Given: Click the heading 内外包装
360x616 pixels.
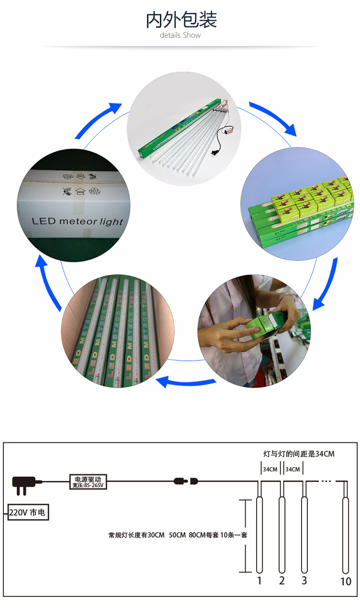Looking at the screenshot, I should tap(181, 20).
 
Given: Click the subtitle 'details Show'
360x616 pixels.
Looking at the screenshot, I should tap(180, 35).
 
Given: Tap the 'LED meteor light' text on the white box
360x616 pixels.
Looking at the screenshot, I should tap(77, 222).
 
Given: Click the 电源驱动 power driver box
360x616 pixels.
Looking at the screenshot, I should tap(88, 482).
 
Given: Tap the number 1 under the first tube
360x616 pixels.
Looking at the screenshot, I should tap(259, 581).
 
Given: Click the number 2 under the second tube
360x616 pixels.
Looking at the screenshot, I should tap(282, 581).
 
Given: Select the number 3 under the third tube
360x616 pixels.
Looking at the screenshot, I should tap(304, 581).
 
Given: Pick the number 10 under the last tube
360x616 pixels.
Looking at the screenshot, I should tap(346, 582).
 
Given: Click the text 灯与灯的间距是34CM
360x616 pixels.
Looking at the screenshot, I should tap(299, 454).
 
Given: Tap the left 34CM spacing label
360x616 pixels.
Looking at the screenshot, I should tap(270, 469).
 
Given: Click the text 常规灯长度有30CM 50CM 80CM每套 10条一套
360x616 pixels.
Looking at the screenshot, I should tap(178, 535).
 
